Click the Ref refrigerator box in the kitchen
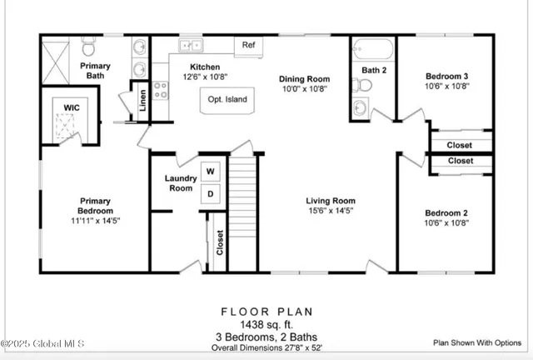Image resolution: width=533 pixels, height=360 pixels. pos(249,45)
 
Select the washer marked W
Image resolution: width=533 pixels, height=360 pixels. pos(210,172)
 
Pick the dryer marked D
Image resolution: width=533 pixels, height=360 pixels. pos(210,194)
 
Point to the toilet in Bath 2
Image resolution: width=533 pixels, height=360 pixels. pos(363,84)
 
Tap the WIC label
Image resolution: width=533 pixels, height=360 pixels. pos(72,106)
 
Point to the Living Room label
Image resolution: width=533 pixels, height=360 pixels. pos(331,200)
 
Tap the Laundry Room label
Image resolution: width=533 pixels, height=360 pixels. pos(180,182)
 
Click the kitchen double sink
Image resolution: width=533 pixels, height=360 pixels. pos(191,45)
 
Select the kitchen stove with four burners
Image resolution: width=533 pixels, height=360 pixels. pos(160,90)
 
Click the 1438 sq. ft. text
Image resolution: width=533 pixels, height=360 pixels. pos(266,324)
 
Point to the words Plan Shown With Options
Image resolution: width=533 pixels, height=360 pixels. pos(476,342)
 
